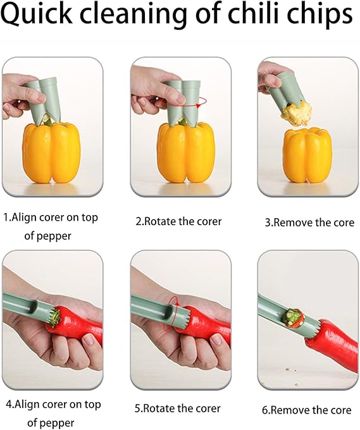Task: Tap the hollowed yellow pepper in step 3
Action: tap(306, 156)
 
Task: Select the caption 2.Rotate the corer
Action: tap(179, 222)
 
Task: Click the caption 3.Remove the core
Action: tap(309, 223)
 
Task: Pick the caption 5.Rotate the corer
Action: tap(179, 408)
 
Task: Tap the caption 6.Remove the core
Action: tap(307, 410)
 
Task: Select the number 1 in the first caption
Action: tap(6, 218)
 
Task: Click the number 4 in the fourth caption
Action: tap(8, 404)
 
